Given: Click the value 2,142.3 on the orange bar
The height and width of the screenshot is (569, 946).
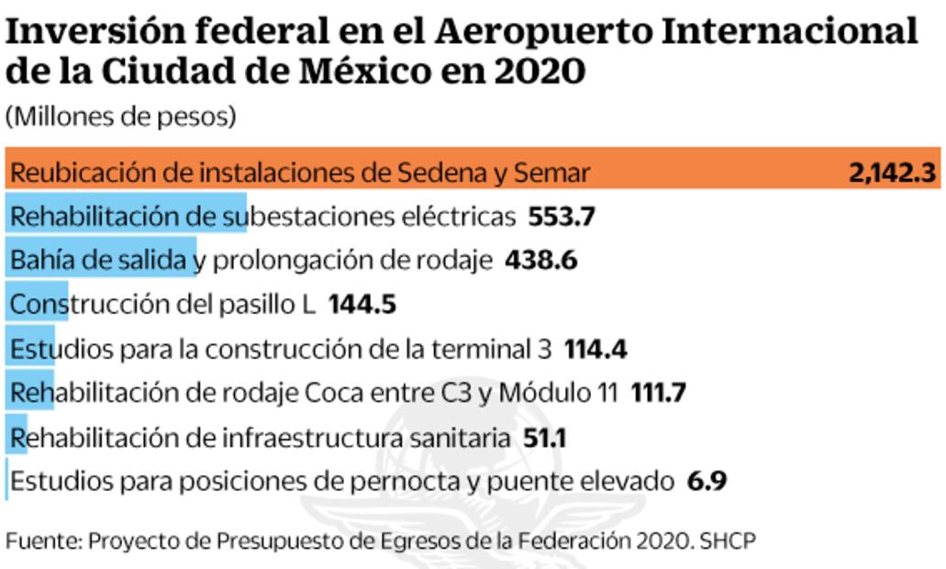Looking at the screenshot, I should point(894,173).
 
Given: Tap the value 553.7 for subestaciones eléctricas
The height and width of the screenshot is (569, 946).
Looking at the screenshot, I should point(562,217).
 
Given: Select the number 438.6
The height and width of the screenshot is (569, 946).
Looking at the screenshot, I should point(540,261).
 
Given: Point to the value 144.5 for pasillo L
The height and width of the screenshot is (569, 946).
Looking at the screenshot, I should point(362,305).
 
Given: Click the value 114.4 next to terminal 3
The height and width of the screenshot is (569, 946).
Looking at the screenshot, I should point(595,349).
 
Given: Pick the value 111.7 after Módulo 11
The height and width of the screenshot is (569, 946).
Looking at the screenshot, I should point(658,393).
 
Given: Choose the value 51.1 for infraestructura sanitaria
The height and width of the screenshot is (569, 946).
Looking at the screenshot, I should point(544,438).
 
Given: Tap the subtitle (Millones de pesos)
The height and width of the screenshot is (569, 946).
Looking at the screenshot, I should point(120,117).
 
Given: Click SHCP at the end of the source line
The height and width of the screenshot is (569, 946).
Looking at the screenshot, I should point(729,541).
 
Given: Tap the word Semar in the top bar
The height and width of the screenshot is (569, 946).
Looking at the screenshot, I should point(551,173).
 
